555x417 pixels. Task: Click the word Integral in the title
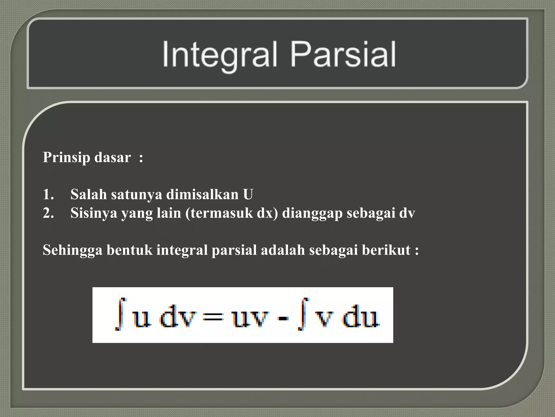pyautogui.click(x=220, y=54)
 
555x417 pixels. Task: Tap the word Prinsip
pyautogui.click(x=66, y=157)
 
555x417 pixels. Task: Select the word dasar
pyautogui.click(x=112, y=157)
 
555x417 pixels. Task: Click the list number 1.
pyautogui.click(x=48, y=194)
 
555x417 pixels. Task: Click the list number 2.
pyautogui.click(x=48, y=213)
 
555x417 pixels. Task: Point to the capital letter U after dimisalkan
pyautogui.click(x=248, y=194)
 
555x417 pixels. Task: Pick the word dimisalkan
pyautogui.click(x=202, y=194)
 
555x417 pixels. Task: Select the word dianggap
pyautogui.click(x=312, y=213)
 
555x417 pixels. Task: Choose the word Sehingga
pyautogui.click(x=73, y=250)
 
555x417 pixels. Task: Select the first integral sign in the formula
pyautogui.click(x=121, y=314)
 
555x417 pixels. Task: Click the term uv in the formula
pyautogui.click(x=251, y=317)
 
